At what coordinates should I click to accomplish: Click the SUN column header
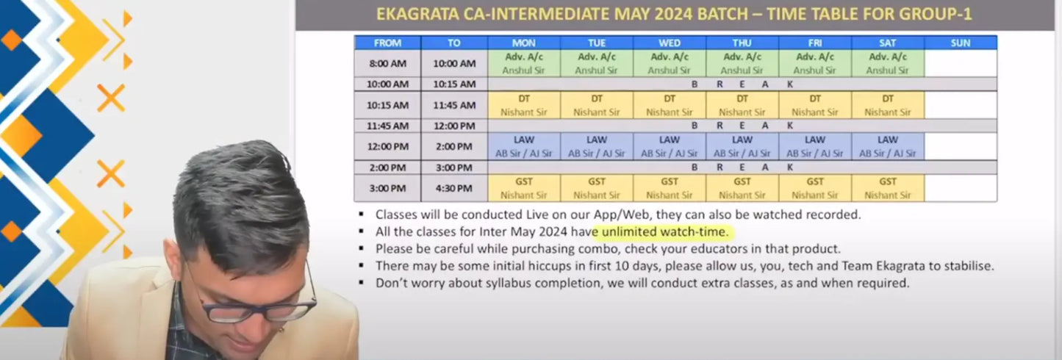click(x=961, y=43)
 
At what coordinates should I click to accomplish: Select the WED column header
click(x=670, y=43)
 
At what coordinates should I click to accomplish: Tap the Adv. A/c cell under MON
click(x=524, y=63)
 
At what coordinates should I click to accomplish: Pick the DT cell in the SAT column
click(x=888, y=105)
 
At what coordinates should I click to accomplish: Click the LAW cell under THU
click(x=742, y=146)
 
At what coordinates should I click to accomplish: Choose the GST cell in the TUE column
click(x=597, y=188)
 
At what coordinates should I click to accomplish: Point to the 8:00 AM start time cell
click(x=387, y=63)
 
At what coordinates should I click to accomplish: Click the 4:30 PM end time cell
click(x=454, y=188)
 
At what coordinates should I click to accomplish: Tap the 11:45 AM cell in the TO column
click(x=454, y=105)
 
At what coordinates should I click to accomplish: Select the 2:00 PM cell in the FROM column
click(x=387, y=168)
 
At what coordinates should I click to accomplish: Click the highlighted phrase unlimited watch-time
click(x=664, y=231)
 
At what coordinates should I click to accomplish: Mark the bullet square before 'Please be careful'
click(x=362, y=248)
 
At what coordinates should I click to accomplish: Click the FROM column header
click(x=387, y=43)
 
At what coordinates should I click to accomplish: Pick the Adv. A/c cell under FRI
click(x=814, y=63)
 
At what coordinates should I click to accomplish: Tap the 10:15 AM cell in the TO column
click(x=454, y=84)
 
